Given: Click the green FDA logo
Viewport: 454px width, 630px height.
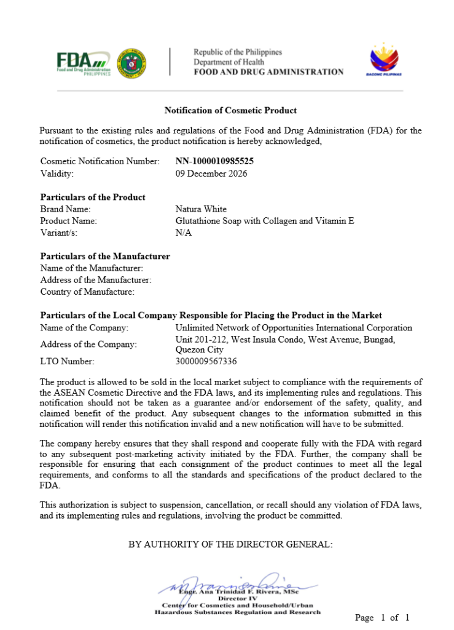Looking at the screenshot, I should (x=84, y=62).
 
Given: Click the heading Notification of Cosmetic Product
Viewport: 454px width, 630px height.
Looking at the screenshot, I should (x=230, y=111).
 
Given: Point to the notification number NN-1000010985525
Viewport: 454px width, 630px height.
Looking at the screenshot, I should (x=214, y=161).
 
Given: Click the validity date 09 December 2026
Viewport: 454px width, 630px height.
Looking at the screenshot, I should (x=211, y=173).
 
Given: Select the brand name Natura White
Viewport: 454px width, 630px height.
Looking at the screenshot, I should (x=201, y=209).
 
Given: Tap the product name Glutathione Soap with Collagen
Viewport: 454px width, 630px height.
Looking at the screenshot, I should (x=265, y=221).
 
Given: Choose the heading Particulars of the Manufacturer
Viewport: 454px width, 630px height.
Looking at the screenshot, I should (x=105, y=256).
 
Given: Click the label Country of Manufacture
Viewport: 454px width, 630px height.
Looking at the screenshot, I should (x=87, y=292).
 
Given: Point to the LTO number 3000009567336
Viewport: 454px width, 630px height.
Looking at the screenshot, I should (x=206, y=361).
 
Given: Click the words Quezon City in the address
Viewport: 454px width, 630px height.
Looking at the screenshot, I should (x=200, y=349).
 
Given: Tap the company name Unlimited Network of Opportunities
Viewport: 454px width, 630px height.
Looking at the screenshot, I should (x=294, y=328).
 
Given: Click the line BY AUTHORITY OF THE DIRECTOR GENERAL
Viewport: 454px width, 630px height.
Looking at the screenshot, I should (x=230, y=544).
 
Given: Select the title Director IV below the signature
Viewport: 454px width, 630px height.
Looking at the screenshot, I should (x=237, y=598).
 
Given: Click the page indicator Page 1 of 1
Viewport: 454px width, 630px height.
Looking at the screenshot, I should (x=382, y=617).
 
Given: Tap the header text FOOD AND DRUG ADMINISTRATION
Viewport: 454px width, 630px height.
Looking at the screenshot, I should (x=268, y=72).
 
